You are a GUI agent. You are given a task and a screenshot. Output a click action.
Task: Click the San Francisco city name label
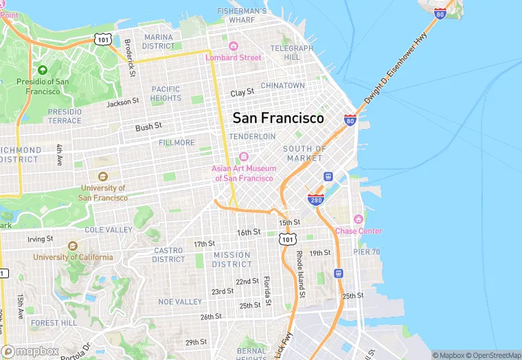click(278, 118)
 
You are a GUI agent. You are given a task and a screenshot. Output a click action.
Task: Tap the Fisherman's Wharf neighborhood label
click(242, 16)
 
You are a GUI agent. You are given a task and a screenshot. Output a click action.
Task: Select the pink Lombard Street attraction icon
click(234, 46)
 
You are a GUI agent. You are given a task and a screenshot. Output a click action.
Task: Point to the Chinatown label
click(282, 85)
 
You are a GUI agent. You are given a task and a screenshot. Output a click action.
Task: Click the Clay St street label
click(242, 92)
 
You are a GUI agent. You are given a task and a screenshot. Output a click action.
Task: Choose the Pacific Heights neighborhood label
click(166, 93)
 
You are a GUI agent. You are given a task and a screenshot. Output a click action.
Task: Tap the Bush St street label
click(148, 127)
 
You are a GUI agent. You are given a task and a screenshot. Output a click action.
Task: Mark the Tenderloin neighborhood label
click(252, 137)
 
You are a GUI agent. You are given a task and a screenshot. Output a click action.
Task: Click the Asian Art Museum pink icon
click(243, 157)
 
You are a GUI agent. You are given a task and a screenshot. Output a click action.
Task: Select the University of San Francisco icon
click(103, 177)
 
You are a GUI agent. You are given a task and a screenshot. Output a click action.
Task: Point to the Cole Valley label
click(109, 229)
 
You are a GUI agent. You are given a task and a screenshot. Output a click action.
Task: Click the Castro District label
click(168, 255)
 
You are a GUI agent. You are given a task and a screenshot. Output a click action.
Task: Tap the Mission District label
click(231, 259)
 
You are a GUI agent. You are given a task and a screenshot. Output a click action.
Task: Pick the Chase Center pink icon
click(358, 219)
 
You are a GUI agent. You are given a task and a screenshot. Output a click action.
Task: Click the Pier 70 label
click(367, 252)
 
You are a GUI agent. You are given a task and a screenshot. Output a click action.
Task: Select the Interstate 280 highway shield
click(316, 200)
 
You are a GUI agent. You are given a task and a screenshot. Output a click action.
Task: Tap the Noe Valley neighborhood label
click(180, 302)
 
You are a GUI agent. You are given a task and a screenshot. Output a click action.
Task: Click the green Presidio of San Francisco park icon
click(43, 70)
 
